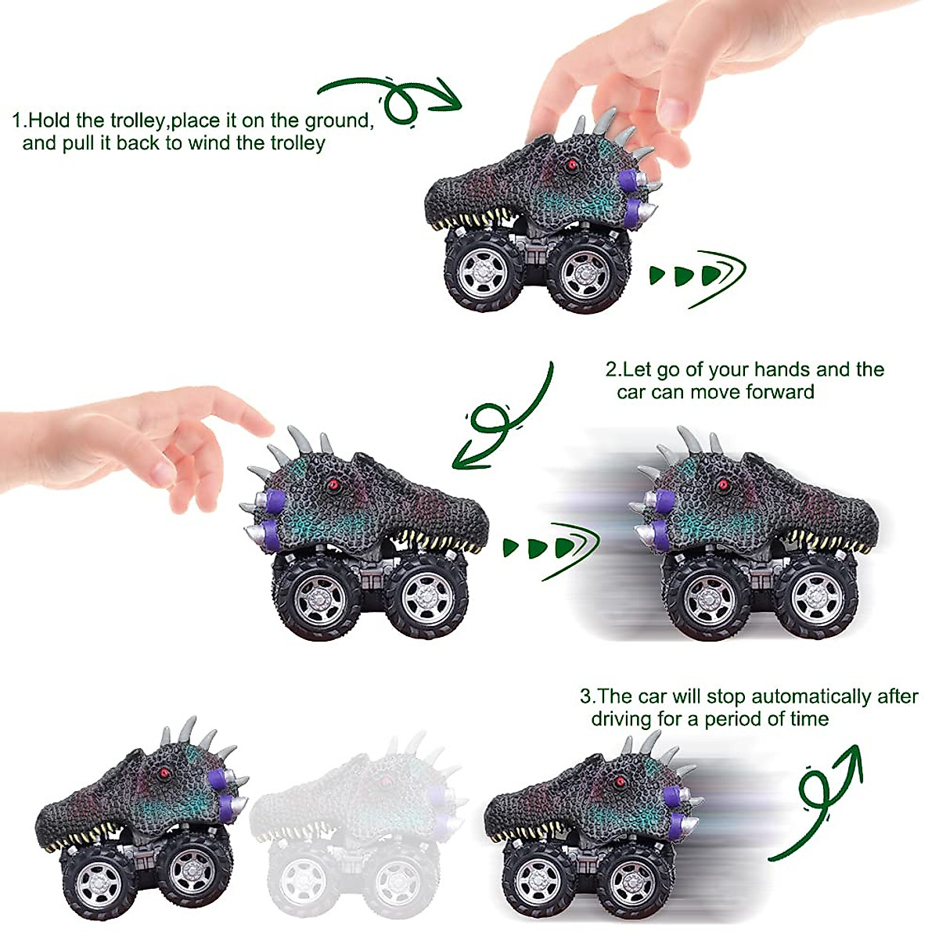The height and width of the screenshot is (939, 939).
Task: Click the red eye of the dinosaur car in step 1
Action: coord(573,165)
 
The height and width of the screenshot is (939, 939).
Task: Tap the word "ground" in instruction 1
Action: coord(337,121)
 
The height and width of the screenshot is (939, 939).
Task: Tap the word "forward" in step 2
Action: coord(779,392)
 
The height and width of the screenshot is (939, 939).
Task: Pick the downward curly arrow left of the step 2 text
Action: coord(501,423)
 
